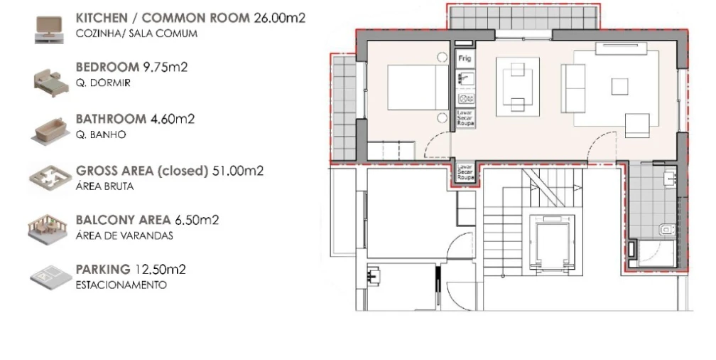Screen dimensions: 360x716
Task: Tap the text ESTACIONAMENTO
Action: point(121,285)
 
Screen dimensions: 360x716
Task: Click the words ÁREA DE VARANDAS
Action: point(124,235)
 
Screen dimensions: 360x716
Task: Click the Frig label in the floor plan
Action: point(465,58)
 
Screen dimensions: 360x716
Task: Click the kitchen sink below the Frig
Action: point(465,78)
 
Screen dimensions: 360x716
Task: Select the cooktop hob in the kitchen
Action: point(465,99)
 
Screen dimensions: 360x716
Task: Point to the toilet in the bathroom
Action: point(666,228)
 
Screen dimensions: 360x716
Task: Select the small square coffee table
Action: point(619,86)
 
